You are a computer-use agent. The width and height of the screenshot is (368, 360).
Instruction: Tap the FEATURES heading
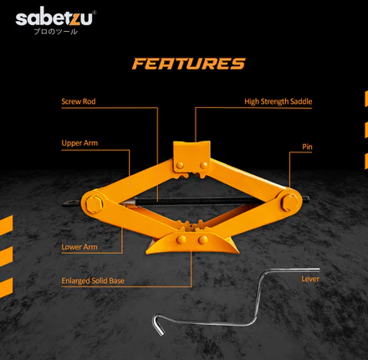(189, 64)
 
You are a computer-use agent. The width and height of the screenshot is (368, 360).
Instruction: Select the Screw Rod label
(79, 101)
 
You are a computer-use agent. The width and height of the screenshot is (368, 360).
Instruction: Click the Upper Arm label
(79, 143)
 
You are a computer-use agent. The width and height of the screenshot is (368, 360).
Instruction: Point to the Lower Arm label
(79, 247)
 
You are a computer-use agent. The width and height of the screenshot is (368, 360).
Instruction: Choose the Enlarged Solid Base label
(93, 280)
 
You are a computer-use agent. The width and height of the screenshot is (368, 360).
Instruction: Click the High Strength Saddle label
(279, 101)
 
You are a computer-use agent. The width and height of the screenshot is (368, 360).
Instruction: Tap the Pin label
(307, 147)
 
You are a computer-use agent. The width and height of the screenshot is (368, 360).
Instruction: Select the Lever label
(310, 279)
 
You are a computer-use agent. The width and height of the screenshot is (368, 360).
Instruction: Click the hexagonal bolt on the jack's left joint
(94, 204)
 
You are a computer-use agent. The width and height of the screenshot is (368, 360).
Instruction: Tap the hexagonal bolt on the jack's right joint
(289, 203)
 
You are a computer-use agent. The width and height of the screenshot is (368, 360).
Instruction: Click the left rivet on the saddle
(180, 165)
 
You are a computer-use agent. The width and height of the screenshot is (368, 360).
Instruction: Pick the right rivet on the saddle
(204, 165)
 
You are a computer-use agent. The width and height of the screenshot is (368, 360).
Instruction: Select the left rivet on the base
(181, 239)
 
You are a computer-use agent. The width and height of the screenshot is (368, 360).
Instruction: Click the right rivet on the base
(203, 239)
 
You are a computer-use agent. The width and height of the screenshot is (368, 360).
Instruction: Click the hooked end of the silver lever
(157, 325)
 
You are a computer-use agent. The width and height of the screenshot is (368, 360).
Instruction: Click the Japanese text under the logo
(55, 31)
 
